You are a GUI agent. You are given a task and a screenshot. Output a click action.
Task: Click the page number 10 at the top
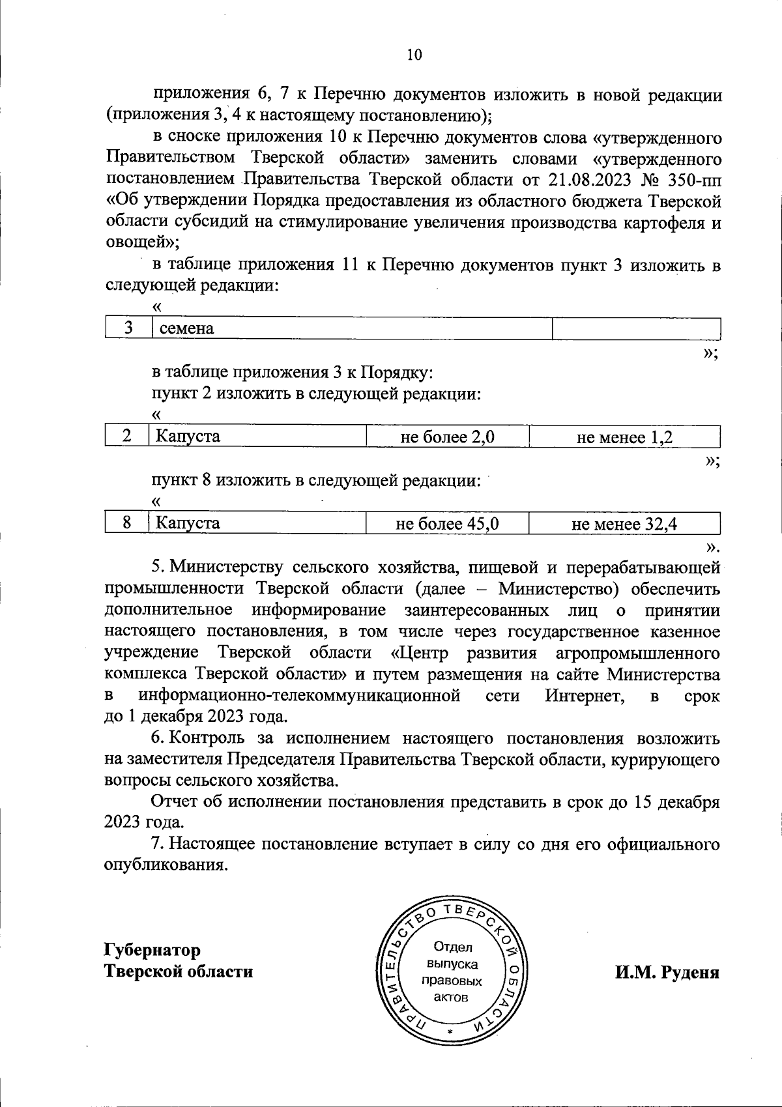pyautogui.click(x=414, y=55)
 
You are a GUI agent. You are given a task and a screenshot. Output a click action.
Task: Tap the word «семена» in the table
pyautogui.click(x=187, y=328)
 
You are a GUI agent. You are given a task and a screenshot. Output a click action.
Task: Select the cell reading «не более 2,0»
pyautogui.click(x=447, y=437)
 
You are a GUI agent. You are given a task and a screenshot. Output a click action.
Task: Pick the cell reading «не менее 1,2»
pyautogui.click(x=624, y=437)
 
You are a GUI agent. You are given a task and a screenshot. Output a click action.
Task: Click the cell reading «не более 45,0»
pyautogui.click(x=447, y=523)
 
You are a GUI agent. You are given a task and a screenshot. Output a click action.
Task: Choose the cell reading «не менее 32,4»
pyautogui.click(x=624, y=523)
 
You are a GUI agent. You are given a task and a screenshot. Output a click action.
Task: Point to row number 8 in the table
pyautogui.click(x=128, y=523)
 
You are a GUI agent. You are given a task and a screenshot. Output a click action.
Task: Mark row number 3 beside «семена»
pyautogui.click(x=129, y=328)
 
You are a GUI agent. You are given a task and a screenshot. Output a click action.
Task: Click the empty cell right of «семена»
pyautogui.click(x=636, y=328)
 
